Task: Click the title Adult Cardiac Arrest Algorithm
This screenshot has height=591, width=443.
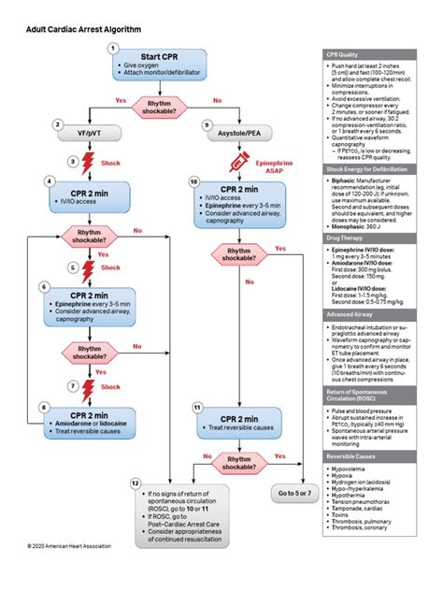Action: (x=83, y=30)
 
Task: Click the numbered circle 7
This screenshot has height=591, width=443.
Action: (x=58, y=385)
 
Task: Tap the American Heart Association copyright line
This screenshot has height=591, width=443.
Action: (x=69, y=571)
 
